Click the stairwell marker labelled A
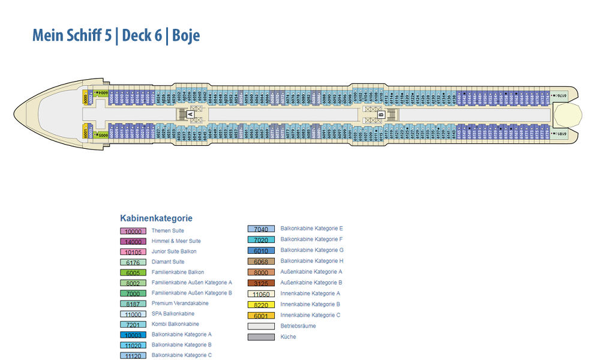pos(190,114)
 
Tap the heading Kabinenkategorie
pos(156,218)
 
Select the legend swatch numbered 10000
pos(133,231)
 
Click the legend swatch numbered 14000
pos(133,241)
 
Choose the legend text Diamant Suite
pos(168,262)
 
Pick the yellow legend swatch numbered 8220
pos(261,305)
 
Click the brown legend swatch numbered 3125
pos(261,283)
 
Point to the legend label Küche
pos(288,337)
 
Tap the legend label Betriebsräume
pos(298,326)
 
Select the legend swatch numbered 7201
pos(133,325)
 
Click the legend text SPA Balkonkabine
pos(173,314)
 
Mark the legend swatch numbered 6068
pos(261,262)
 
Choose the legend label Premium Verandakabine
pos(180,304)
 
